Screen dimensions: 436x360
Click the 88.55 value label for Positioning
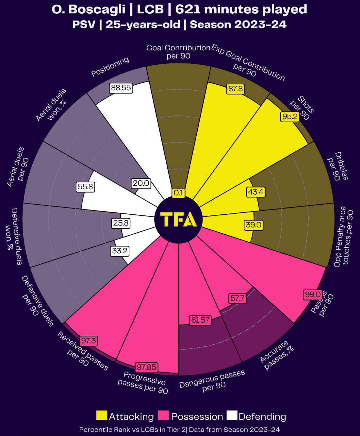point(121,88)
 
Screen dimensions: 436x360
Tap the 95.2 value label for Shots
point(290,117)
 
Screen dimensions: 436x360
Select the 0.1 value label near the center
point(178,193)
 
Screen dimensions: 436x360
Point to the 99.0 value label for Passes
point(313,294)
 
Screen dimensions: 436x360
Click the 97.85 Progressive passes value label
point(146,367)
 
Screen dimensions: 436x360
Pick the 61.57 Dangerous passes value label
point(200,320)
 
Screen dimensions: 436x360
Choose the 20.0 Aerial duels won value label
point(141,183)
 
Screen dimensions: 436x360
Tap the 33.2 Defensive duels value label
point(120,251)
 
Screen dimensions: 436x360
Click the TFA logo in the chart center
point(178,220)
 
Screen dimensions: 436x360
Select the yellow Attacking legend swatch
point(102,415)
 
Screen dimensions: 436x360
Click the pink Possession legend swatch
point(163,415)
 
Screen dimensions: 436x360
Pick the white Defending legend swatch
point(232,415)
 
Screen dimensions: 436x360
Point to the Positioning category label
point(110,67)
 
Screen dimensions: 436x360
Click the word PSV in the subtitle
point(84,25)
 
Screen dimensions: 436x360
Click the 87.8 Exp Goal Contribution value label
point(236,89)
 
